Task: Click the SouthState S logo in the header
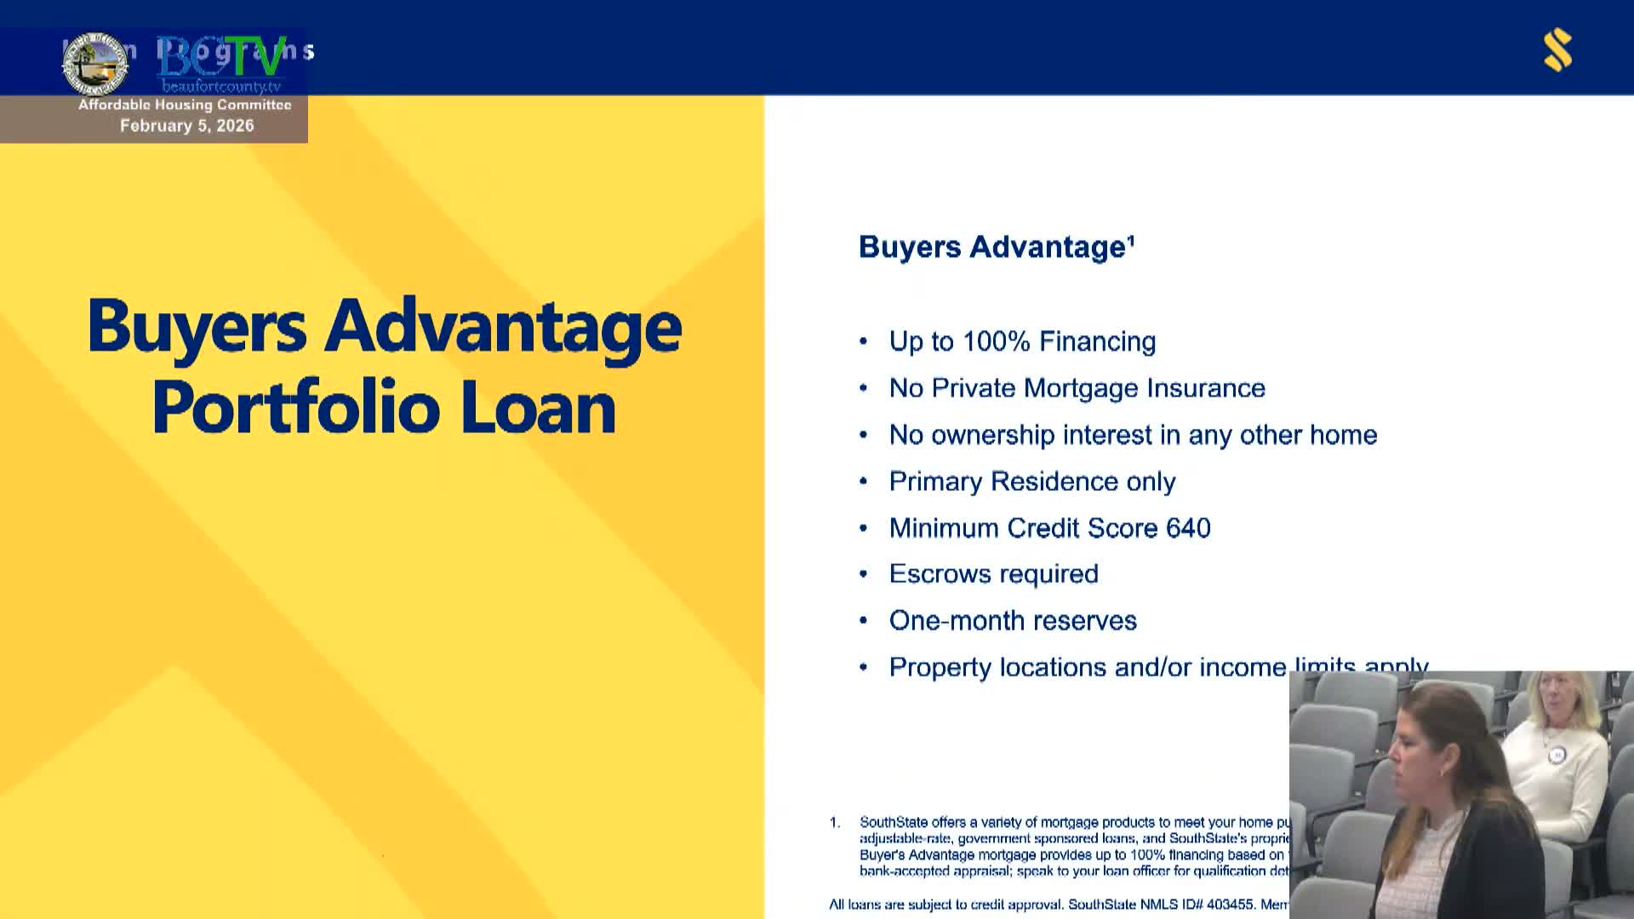pyautogui.click(x=1558, y=50)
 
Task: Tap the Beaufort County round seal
pyautogui.click(x=95, y=63)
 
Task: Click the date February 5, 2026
pyautogui.click(x=186, y=126)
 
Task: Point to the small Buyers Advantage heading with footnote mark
pyautogui.click(x=997, y=248)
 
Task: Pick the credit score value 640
pyautogui.click(x=1188, y=528)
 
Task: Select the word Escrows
pyautogui.click(x=936, y=574)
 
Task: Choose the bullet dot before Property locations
pyautogui.click(x=863, y=668)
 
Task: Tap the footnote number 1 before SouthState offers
pyautogui.click(x=835, y=823)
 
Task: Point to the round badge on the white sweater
pyautogui.click(x=1557, y=755)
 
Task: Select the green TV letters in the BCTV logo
pyautogui.click(x=254, y=58)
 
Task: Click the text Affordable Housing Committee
pyautogui.click(x=185, y=105)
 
